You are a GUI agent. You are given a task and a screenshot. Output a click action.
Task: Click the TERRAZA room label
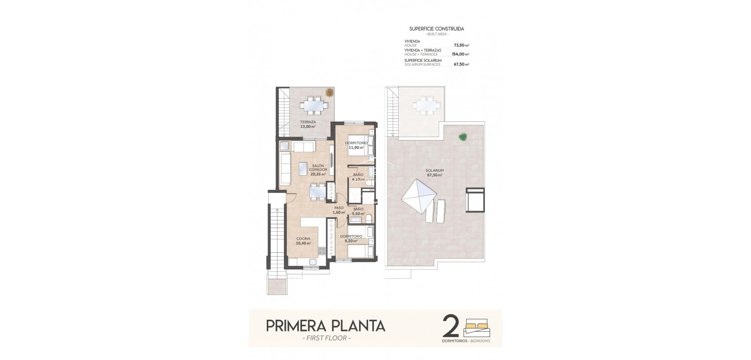coord(308,124)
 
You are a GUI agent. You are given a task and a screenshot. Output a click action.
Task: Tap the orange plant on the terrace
coord(329,92)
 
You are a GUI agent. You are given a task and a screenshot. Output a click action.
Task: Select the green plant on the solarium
coord(463,137)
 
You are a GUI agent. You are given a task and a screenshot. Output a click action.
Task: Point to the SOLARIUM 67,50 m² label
coord(435,173)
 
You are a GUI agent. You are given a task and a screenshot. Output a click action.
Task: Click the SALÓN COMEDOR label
coord(318,170)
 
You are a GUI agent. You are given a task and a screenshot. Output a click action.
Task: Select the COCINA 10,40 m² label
coord(303,241)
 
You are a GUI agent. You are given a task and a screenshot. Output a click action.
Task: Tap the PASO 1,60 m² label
coord(339,210)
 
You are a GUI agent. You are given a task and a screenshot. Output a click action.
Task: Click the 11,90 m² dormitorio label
coord(356,145)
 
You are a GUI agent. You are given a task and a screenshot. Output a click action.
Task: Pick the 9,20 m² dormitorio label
coord(351,239)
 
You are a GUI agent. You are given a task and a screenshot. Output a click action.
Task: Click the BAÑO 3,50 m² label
coord(358,211)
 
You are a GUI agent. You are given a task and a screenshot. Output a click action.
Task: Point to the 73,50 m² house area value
coord(461,45)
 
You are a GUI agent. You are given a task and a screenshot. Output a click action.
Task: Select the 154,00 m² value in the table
coord(460,54)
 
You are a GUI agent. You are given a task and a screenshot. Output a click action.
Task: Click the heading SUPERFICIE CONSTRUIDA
coord(437,29)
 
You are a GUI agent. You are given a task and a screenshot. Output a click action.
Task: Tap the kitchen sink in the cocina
coord(313,262)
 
